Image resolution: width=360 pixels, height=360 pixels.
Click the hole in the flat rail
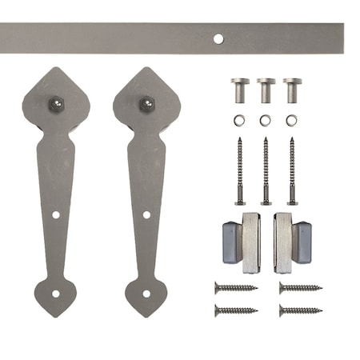[x=218, y=38]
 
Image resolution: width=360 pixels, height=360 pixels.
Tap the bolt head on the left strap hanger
[x=58, y=103]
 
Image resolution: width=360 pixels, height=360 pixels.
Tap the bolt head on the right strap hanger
[x=146, y=103]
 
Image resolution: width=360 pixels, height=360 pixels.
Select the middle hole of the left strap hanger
[x=56, y=214]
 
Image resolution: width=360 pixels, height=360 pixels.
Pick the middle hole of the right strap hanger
[x=146, y=214]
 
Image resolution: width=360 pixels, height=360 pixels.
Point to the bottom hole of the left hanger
[x=55, y=293]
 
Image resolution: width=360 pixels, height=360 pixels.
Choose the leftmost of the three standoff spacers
[x=239, y=90]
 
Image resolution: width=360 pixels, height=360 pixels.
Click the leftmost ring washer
[x=239, y=122]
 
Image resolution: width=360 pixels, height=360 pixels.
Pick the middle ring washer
[x=265, y=122]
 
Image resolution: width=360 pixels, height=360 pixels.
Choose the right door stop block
[x=291, y=242]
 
